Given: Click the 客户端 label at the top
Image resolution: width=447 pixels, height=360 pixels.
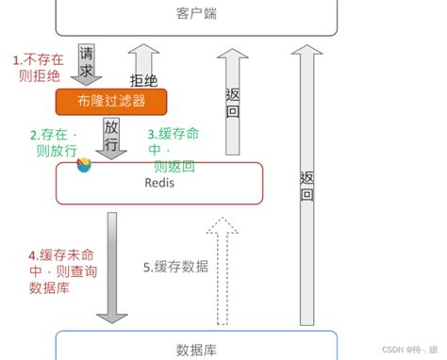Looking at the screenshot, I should click(195, 14).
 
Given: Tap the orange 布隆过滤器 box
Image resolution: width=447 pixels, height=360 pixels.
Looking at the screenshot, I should click(110, 101).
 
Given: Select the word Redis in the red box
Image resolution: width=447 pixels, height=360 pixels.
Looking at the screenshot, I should click(159, 182).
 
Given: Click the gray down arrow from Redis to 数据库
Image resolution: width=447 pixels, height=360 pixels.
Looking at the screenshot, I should click(111, 269).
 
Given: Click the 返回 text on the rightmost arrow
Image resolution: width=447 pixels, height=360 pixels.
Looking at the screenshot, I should click(306, 186).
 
